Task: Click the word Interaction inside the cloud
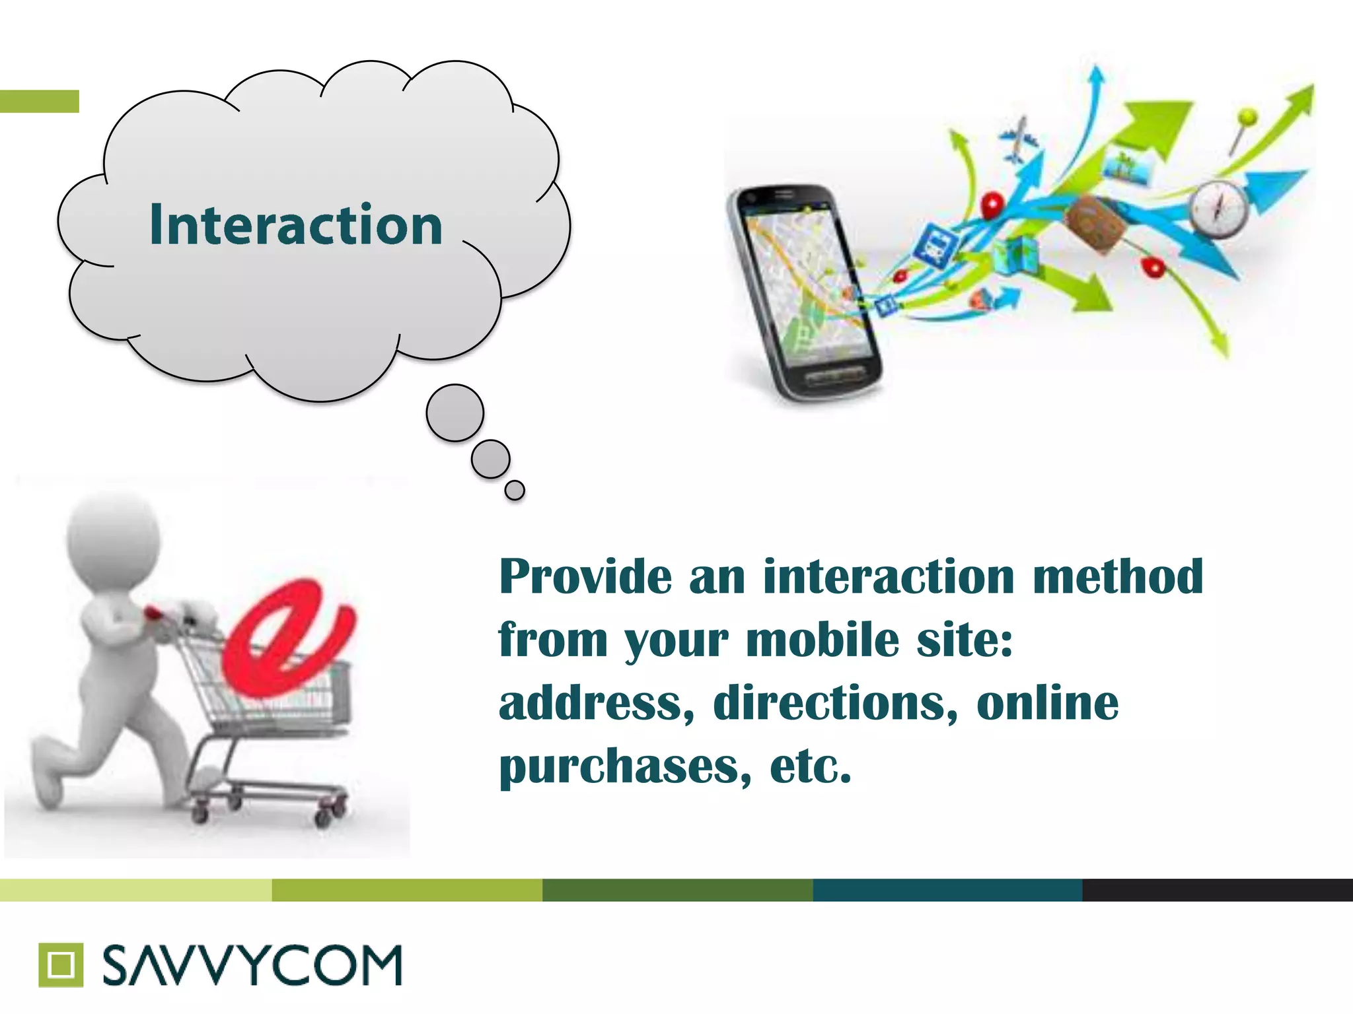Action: [x=296, y=225]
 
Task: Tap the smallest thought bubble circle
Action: [x=515, y=490]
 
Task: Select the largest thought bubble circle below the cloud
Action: [x=455, y=413]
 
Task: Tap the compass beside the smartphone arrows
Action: [x=1219, y=209]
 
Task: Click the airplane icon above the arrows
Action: [x=1018, y=139]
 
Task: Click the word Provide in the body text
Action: [x=585, y=576]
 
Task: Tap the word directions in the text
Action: [x=834, y=703]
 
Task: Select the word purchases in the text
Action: [x=625, y=766]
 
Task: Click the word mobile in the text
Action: [x=823, y=640]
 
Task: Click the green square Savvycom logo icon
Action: [x=61, y=964]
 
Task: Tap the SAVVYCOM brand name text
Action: [x=252, y=965]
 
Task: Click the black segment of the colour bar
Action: [x=1217, y=890]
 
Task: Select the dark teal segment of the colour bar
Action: [x=947, y=890]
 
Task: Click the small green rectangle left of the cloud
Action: [x=40, y=101]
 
